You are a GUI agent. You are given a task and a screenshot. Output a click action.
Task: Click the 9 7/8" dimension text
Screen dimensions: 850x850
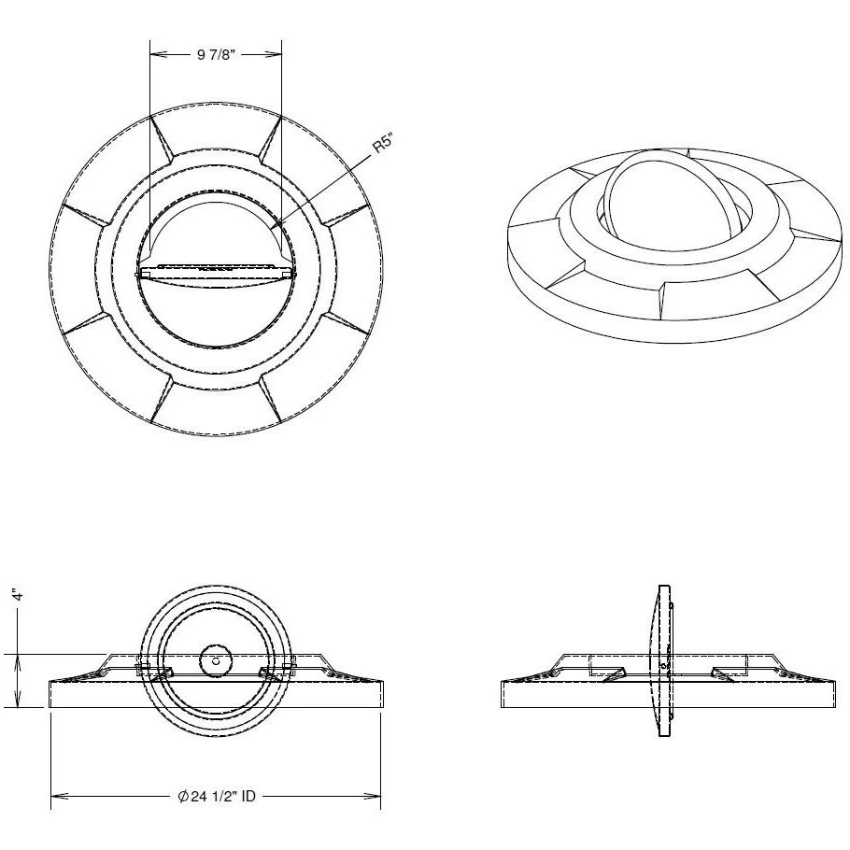pyautogui.click(x=216, y=55)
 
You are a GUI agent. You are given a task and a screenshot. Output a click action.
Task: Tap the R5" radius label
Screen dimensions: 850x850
pyautogui.click(x=381, y=149)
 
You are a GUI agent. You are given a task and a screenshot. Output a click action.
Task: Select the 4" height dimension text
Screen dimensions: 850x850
pyautogui.click(x=16, y=594)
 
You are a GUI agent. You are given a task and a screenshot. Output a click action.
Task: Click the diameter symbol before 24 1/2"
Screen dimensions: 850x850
pyautogui.click(x=185, y=796)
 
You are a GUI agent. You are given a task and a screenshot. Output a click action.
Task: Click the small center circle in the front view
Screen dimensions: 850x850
pyautogui.click(x=216, y=660)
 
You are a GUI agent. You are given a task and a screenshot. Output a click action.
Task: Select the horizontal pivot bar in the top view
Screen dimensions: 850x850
pyautogui.click(x=216, y=273)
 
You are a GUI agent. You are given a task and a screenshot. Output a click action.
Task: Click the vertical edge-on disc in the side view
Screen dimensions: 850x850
pyautogui.click(x=662, y=660)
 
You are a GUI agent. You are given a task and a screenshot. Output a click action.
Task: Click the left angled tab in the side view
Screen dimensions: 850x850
pyautogui.click(x=615, y=674)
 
